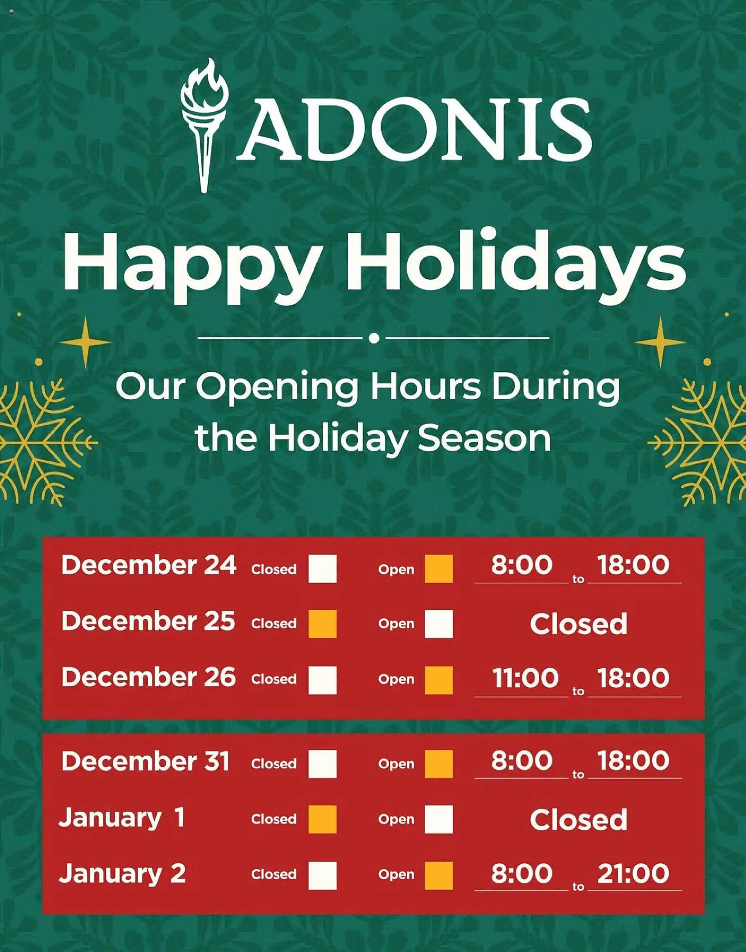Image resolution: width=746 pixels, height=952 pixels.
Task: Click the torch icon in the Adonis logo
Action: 204,125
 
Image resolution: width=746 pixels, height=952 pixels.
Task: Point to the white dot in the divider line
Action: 374,338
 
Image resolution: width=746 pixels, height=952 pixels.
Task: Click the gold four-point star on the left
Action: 85,342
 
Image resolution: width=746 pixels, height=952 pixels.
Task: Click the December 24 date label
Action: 149,565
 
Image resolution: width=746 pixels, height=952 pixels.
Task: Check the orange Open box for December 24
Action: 439,569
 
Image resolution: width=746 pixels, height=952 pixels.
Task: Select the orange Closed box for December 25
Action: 323,624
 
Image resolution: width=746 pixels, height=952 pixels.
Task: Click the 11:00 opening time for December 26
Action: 525,678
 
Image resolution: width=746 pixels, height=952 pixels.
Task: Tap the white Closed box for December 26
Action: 323,680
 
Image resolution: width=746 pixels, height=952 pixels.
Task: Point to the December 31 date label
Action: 145,761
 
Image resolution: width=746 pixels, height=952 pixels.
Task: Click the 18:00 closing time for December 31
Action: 633,761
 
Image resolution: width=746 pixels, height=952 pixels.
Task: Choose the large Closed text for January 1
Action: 578,820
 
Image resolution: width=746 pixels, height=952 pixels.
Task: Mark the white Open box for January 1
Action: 439,819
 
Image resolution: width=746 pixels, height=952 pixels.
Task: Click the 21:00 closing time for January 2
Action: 633,874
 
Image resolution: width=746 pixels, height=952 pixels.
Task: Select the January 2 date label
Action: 122,874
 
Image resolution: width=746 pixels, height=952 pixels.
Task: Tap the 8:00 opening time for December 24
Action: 522,565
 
